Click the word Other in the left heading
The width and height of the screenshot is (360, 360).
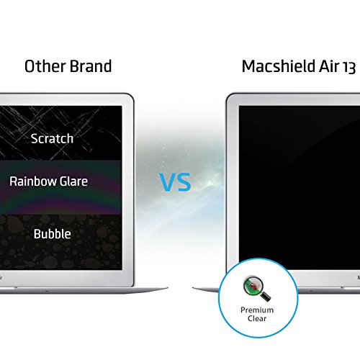[45, 66]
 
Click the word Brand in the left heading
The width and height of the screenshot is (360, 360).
[91, 66]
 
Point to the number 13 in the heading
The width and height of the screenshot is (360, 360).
[348, 67]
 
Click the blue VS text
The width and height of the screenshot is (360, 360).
[175, 182]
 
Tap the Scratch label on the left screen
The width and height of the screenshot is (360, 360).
[52, 138]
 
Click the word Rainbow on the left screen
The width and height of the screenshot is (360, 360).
[33, 181]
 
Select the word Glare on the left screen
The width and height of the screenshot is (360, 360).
[73, 181]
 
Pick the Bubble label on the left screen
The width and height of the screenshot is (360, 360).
[53, 234]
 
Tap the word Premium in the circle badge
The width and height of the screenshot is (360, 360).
[257, 310]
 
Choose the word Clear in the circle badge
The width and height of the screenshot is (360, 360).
[257, 318]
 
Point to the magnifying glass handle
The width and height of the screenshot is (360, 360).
[266, 297]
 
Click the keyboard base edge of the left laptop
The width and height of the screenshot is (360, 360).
[84, 290]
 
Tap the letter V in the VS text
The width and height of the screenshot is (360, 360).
[167, 182]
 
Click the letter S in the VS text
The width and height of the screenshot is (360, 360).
[184, 182]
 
